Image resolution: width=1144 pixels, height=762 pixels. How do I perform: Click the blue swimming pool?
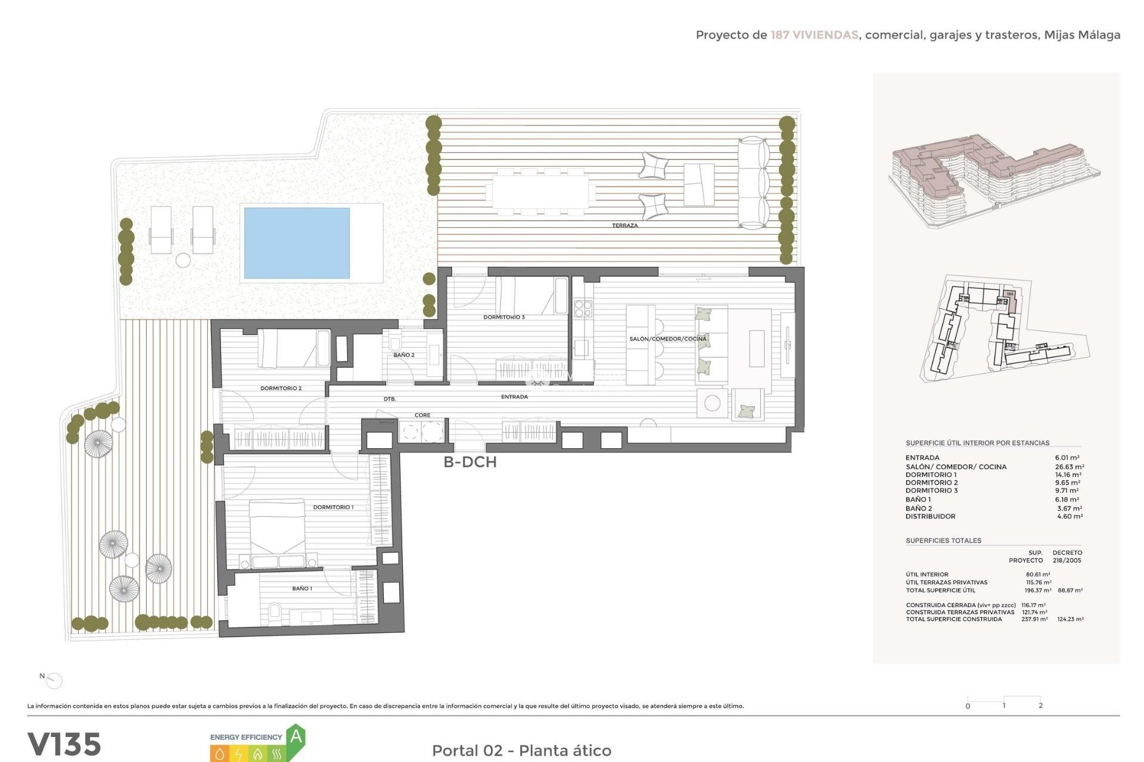click(x=297, y=243)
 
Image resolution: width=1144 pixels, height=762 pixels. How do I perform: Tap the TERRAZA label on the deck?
click(x=624, y=226)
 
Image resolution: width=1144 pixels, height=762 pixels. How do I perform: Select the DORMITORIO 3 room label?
click(x=504, y=317)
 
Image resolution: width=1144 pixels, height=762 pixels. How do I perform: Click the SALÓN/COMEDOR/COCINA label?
click(x=668, y=339)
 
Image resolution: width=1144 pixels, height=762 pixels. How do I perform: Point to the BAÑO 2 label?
click(x=404, y=355)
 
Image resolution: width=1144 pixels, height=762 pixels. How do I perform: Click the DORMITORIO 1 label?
click(x=333, y=507)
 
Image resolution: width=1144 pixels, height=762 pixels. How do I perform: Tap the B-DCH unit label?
click(x=470, y=462)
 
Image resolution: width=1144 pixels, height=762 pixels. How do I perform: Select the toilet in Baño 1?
click(x=275, y=611)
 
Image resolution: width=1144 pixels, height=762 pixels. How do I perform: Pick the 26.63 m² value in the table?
click(x=1070, y=467)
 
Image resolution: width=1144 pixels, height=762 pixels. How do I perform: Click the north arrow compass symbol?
click(x=54, y=680)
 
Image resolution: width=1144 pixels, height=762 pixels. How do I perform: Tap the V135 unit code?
click(x=64, y=745)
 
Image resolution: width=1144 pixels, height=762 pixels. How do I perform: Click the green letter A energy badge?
click(x=296, y=737)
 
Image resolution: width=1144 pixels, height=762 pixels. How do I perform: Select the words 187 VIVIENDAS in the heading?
click(x=814, y=35)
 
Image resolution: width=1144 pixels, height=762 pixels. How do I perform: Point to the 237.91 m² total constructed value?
click(x=1034, y=619)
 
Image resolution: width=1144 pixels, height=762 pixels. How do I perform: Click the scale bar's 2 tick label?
click(x=1040, y=705)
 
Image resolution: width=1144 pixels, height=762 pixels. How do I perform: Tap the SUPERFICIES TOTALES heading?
click(x=943, y=541)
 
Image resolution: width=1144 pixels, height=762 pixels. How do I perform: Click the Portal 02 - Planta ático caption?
click(x=521, y=751)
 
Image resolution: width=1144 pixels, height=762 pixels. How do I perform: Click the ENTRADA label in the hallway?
click(x=514, y=396)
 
